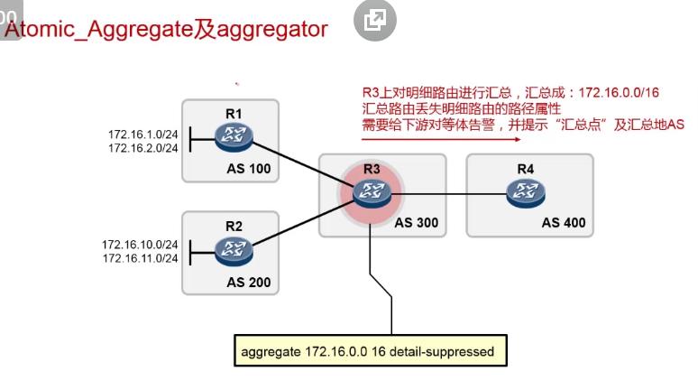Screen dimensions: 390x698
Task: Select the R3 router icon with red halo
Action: [x=370, y=190]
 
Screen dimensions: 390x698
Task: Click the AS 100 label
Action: [x=248, y=169]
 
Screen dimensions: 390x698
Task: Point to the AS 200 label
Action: [x=248, y=283]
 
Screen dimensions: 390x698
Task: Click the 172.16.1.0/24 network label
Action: [x=142, y=133]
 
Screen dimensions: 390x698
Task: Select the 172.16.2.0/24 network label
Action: [x=142, y=147]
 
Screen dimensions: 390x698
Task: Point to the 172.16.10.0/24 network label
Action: [x=140, y=245]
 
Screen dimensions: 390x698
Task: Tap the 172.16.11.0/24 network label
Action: [x=140, y=258]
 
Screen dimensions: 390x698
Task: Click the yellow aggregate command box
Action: [x=367, y=351]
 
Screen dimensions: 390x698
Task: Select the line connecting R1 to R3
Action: [x=298, y=161]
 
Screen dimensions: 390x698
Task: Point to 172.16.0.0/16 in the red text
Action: [x=617, y=93]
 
